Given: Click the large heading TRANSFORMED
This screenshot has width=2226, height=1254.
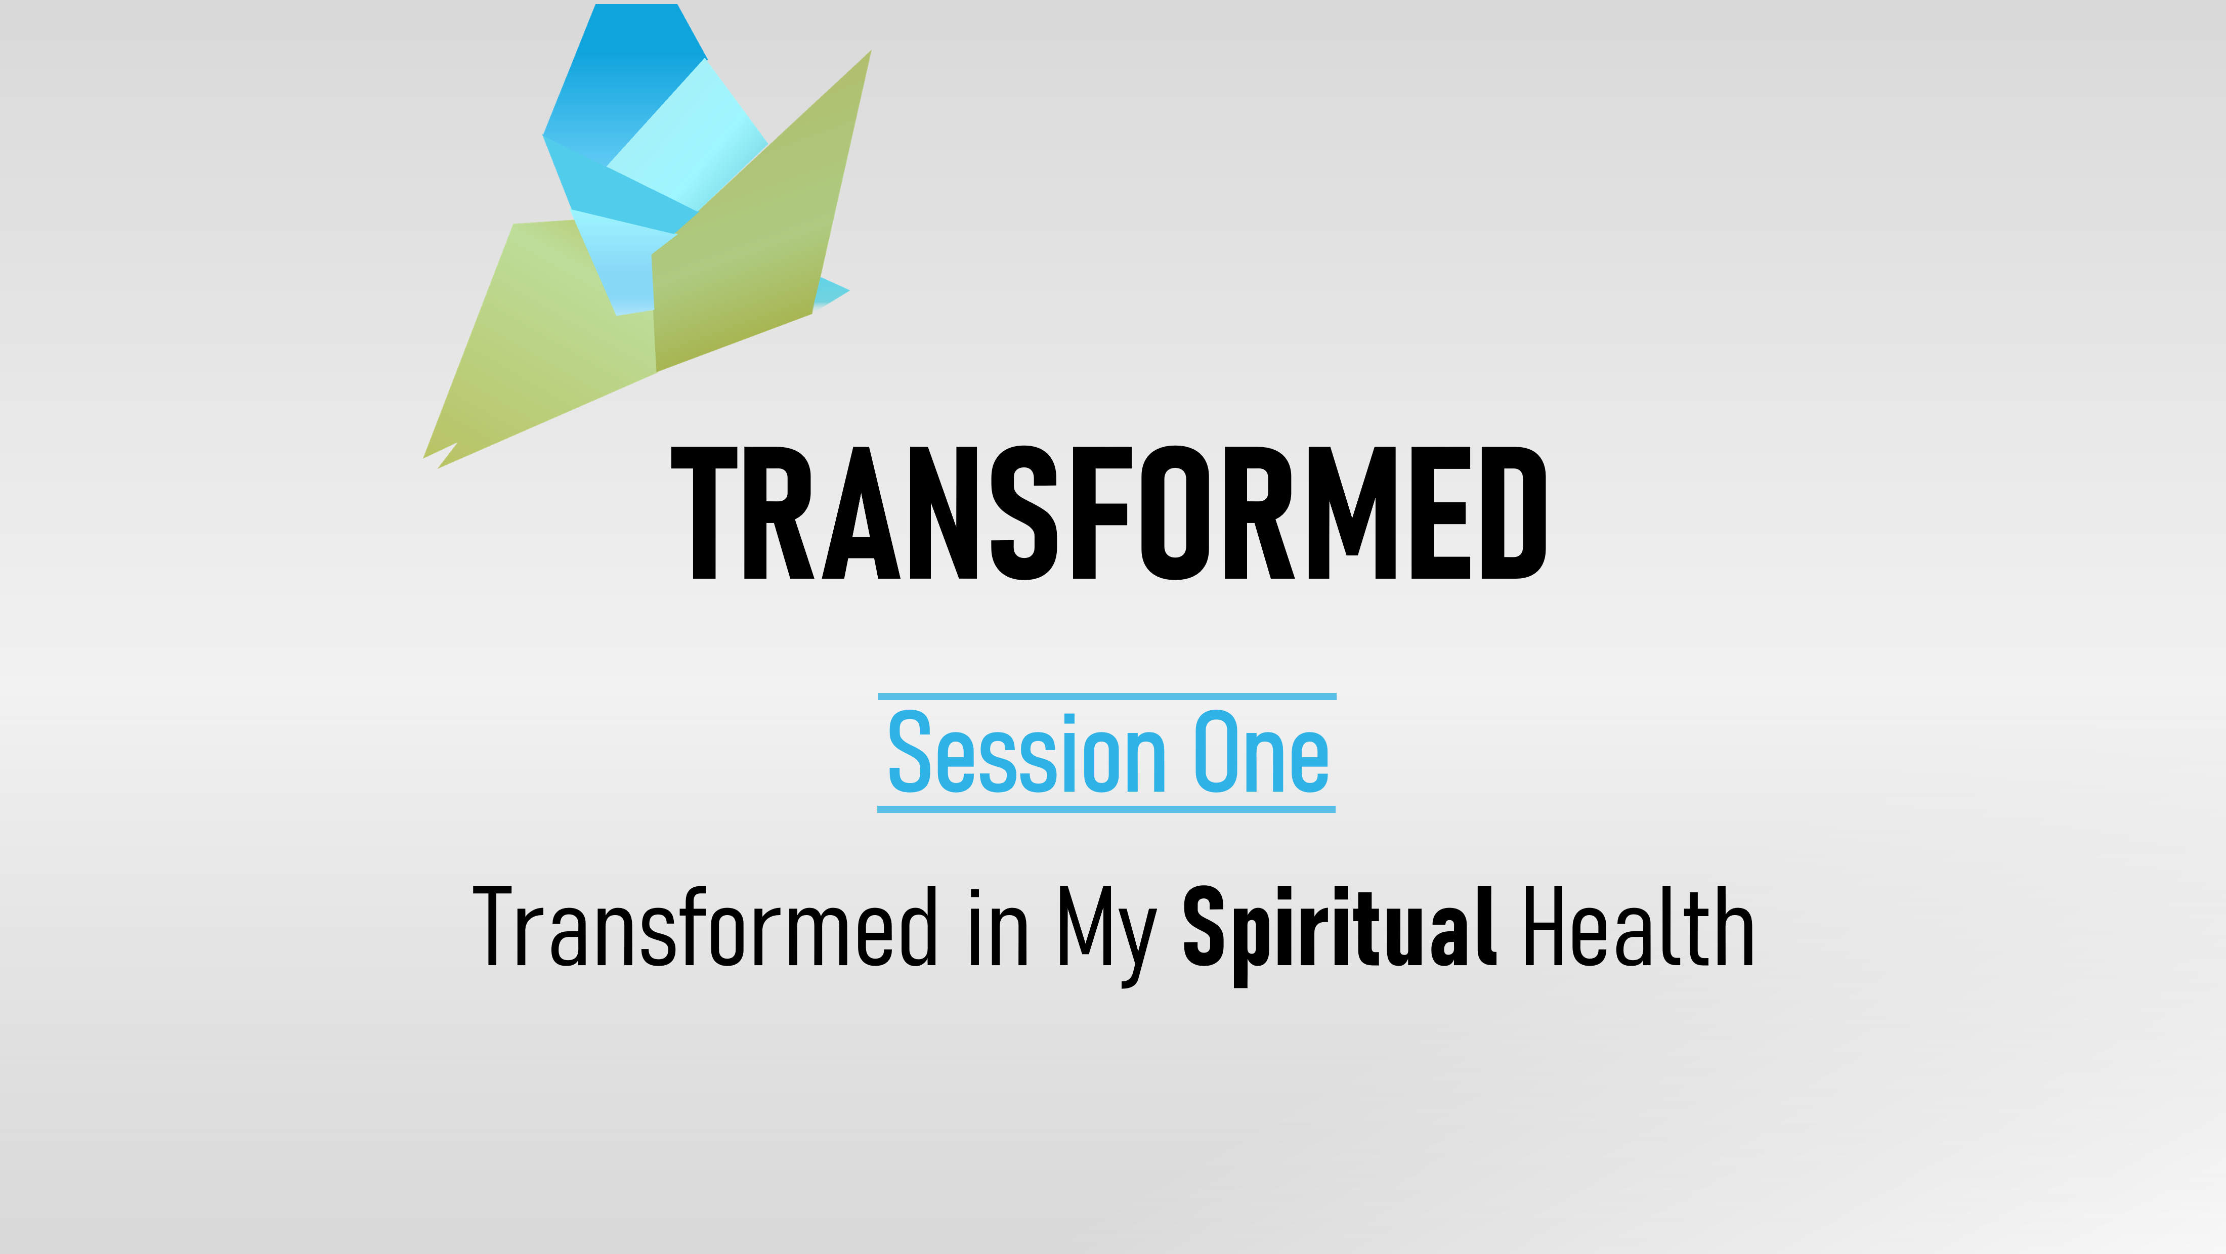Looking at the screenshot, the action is pos(1108,512).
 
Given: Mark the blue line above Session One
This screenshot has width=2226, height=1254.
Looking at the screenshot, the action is pos(1107,696).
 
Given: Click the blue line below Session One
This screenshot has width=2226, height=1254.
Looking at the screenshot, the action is pos(1106,809).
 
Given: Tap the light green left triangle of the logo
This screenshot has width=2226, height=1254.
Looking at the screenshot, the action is pos(544,345).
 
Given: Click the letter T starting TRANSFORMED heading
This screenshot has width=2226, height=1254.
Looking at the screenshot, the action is pos(704,512).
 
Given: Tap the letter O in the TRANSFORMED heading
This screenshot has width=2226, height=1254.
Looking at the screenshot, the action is pos(1175,512).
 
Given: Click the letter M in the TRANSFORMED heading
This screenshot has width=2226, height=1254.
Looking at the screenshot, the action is pos(1352,512).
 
